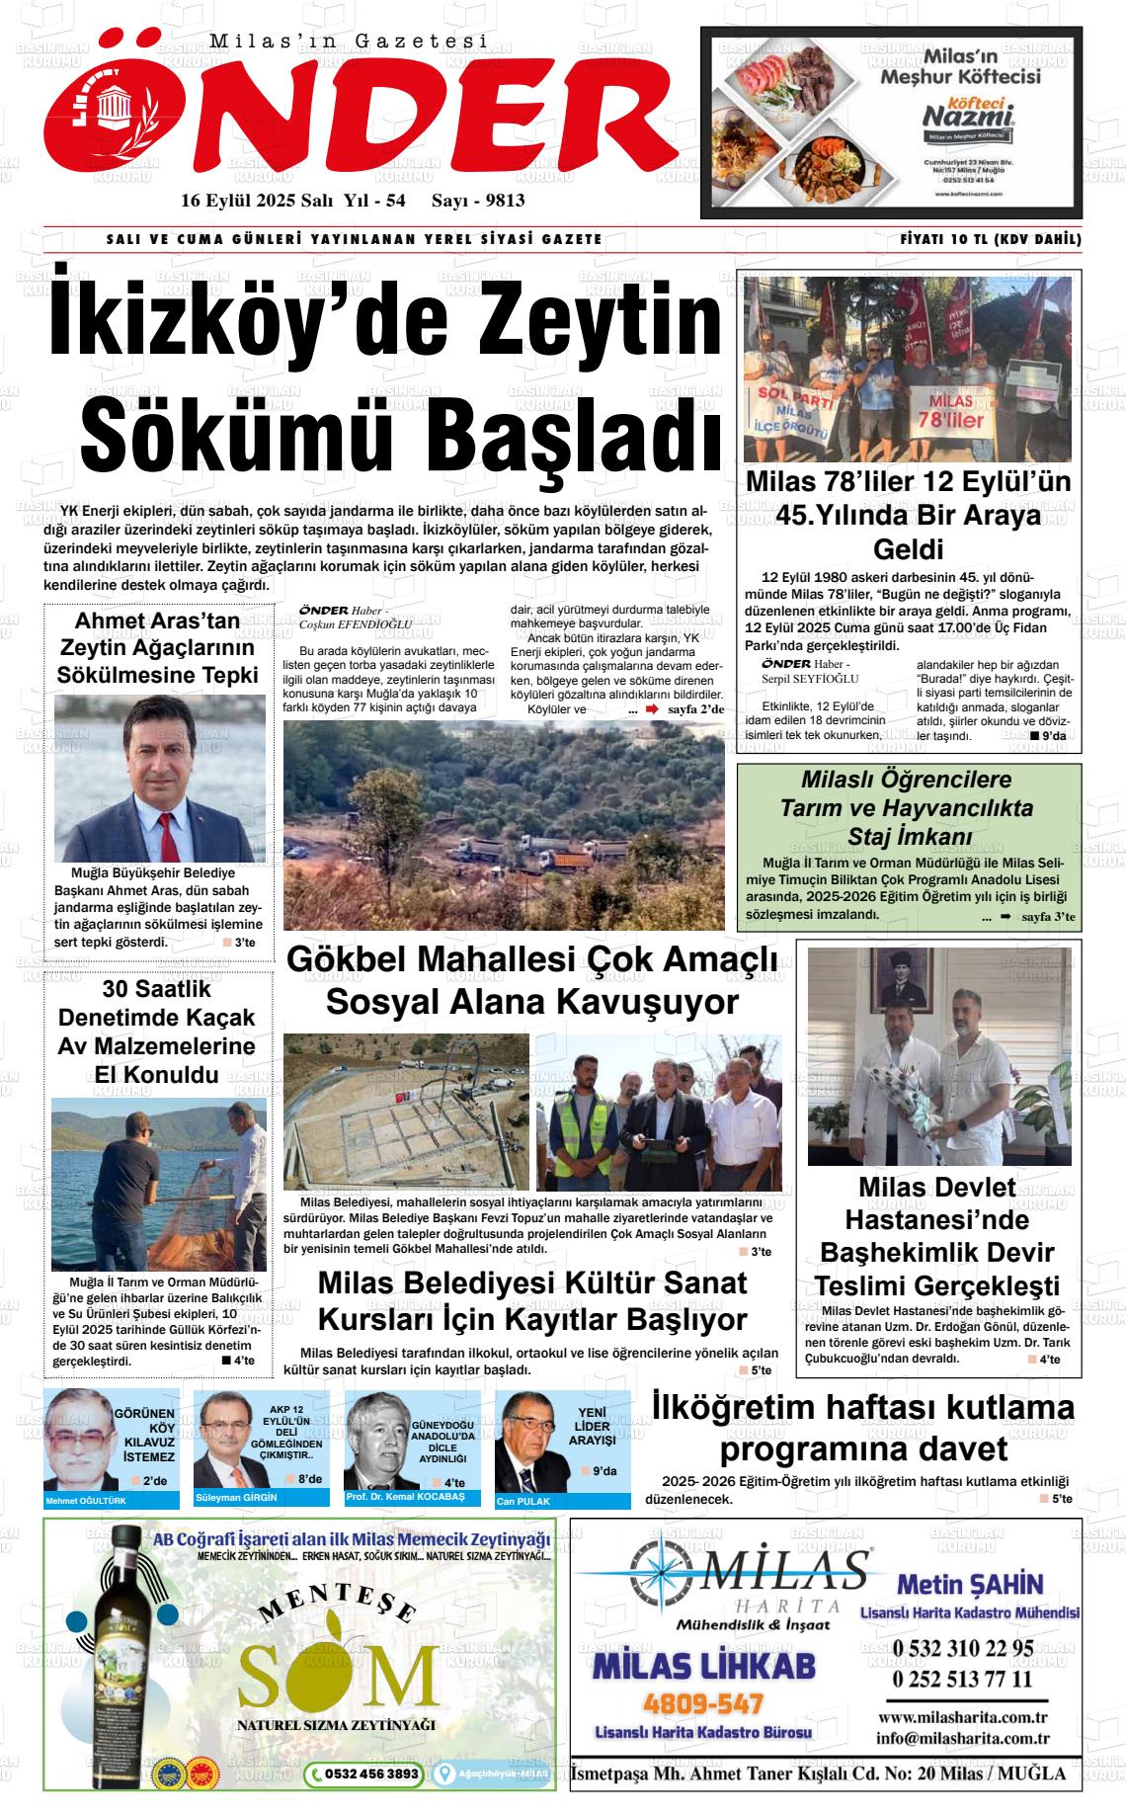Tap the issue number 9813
tap(500, 201)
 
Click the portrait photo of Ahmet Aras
tap(159, 778)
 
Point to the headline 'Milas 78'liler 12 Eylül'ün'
tap(908, 482)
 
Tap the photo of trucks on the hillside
tap(504, 825)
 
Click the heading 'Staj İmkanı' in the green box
tap(905, 837)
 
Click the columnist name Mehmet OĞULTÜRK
tap(86, 1501)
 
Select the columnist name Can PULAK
tap(523, 1501)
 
